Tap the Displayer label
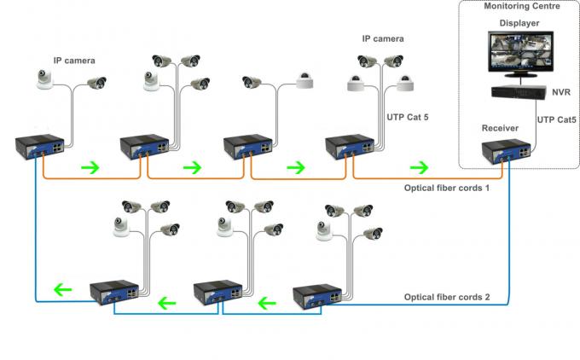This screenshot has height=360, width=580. pyautogui.click(x=519, y=23)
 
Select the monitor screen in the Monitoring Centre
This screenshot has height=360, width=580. pyautogui.click(x=519, y=54)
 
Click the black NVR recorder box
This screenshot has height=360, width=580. pyautogui.click(x=519, y=91)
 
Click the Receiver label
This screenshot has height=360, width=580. pyautogui.click(x=500, y=128)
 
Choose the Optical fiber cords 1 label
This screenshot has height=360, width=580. pyautogui.click(x=446, y=188)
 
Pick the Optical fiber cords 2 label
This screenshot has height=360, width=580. pyautogui.click(x=446, y=297)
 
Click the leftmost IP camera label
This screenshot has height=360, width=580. pyautogui.click(x=74, y=61)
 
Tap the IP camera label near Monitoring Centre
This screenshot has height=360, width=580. pyautogui.click(x=382, y=38)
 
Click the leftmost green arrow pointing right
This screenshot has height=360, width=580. pyautogui.click(x=89, y=165)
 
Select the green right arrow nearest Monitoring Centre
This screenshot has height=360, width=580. pyautogui.click(x=419, y=165)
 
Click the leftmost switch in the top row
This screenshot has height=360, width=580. pyautogui.click(x=38, y=147)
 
